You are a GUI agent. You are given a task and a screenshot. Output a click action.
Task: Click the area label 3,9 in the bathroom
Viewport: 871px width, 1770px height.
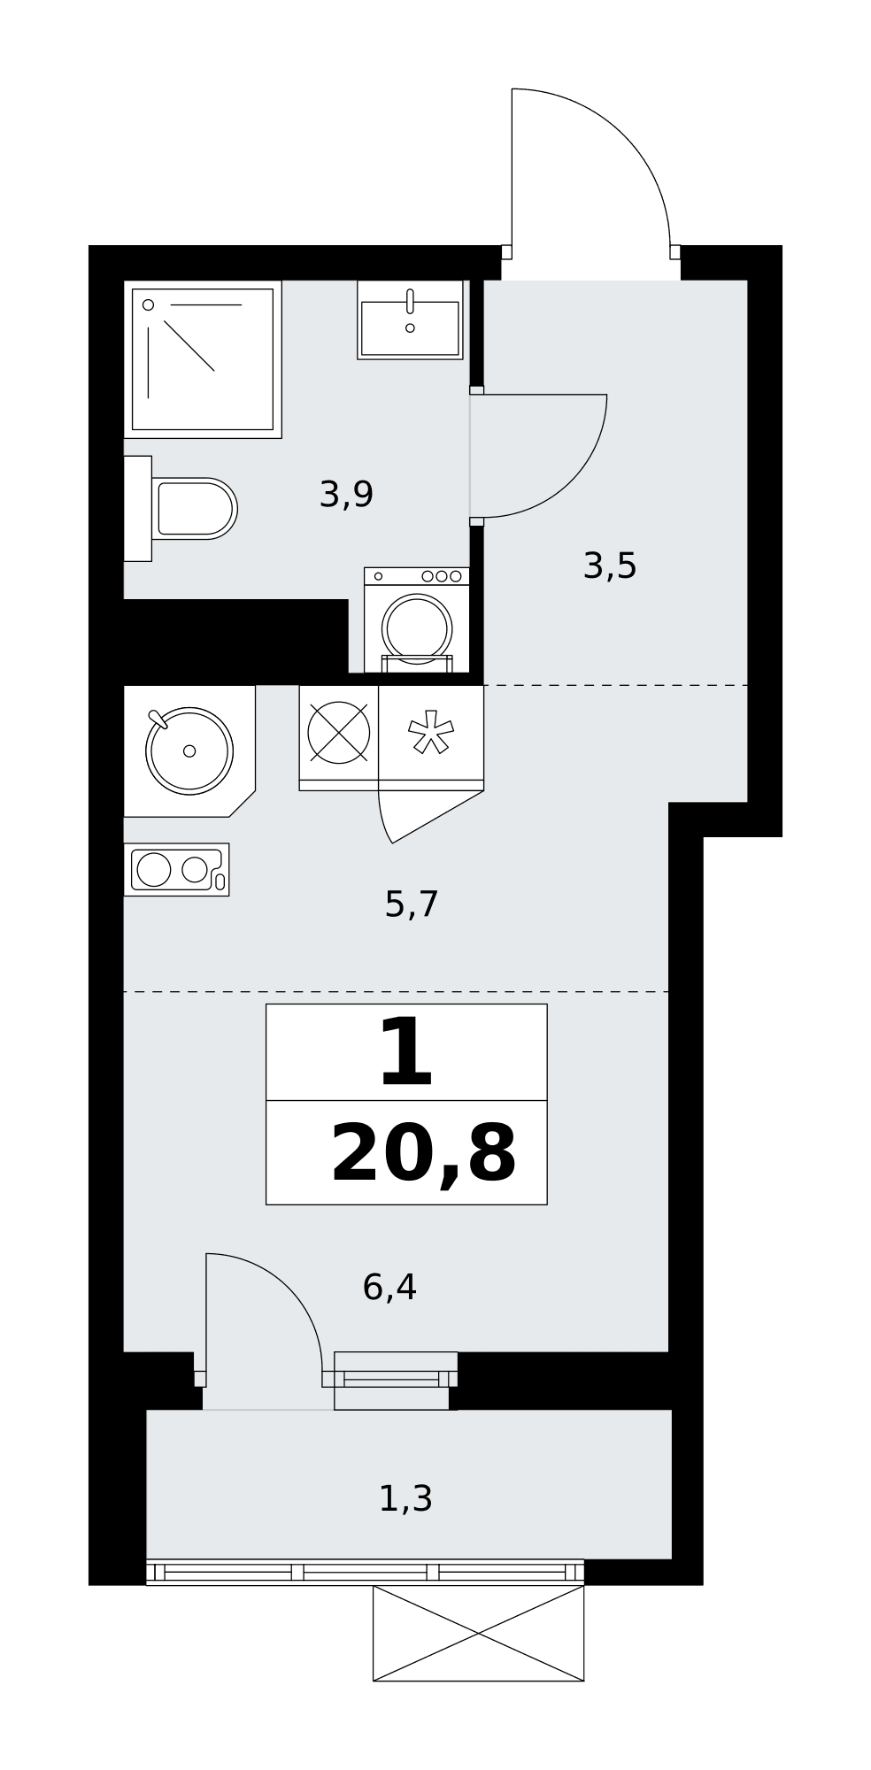point(346,495)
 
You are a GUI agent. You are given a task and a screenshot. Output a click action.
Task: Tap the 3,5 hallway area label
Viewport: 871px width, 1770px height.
point(610,566)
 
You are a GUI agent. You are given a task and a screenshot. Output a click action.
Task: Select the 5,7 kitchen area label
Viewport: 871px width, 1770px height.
point(412,904)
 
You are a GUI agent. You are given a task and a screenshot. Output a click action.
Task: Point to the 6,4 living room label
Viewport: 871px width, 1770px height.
point(389,1287)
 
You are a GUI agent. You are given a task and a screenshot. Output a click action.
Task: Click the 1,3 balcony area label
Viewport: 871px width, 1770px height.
point(405,1498)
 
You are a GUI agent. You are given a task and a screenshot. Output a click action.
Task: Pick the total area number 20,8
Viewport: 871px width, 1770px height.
point(423,1154)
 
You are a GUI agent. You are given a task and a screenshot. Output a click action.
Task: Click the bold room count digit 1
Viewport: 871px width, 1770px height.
point(405,1053)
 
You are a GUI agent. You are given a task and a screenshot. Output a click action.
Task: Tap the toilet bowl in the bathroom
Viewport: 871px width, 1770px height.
point(194,509)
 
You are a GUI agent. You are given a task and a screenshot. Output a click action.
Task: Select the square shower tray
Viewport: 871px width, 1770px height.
point(203,359)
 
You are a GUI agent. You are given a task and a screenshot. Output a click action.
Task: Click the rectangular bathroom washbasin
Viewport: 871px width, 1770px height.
point(410,320)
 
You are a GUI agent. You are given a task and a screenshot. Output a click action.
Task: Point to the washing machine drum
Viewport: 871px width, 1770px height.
point(417,627)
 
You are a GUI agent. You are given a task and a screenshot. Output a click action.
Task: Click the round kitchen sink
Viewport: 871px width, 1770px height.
point(189,750)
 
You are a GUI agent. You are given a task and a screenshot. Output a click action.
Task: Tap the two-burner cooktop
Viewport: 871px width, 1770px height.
point(176,869)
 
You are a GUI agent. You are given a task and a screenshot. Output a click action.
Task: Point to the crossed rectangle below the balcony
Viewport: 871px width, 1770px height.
point(478,1633)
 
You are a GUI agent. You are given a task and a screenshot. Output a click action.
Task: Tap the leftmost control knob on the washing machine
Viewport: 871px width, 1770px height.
point(378,576)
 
